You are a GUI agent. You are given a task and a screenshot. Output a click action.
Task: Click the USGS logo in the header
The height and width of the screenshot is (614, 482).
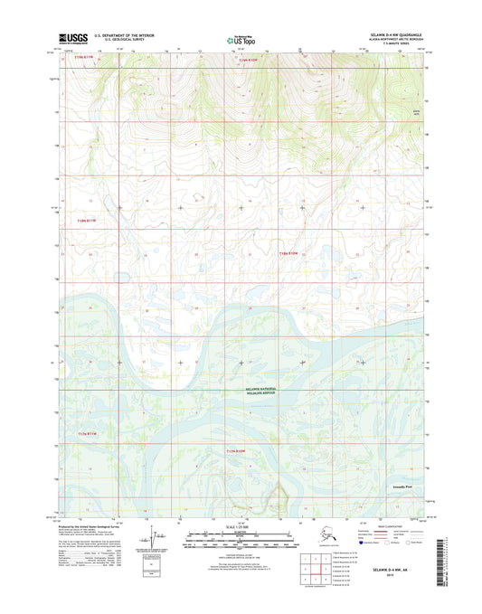pyautogui.click(x=73, y=39)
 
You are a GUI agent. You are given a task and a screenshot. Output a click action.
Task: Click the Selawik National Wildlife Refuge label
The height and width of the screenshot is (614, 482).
pyautogui.click(x=263, y=391)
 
